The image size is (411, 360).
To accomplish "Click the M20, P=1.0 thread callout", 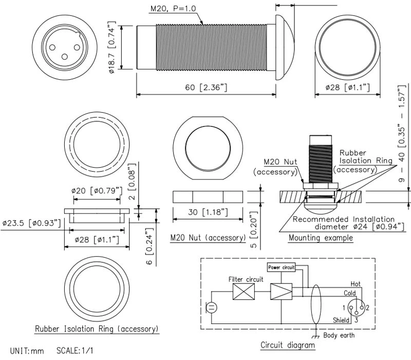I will tap(173, 9).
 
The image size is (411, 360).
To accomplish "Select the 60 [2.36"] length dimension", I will tap(206, 87).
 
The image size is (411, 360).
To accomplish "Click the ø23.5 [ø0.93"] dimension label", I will tap(31, 223).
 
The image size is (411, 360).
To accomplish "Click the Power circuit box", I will tap(281, 267).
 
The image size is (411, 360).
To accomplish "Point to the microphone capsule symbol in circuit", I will tap(212, 308).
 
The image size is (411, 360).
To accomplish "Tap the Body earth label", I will tap(339, 336).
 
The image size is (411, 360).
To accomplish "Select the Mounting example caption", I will tap(321, 238).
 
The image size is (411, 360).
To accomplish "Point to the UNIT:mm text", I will tap(27, 351).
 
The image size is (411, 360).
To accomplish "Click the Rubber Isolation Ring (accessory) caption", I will tap(96, 329).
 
